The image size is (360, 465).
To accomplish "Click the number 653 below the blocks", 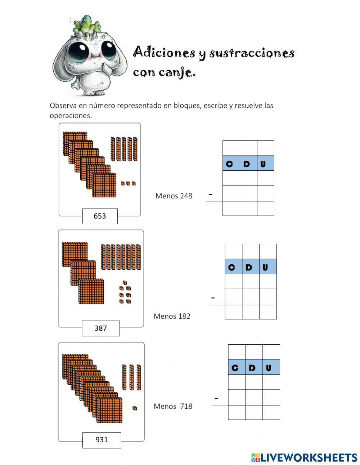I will [100, 216].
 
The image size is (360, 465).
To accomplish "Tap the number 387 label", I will [100, 328].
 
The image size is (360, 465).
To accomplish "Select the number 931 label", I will [102, 440].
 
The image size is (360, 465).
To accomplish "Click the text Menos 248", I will [174, 196].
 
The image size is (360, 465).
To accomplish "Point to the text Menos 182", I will [172, 316].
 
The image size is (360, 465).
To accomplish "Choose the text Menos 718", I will [173, 406].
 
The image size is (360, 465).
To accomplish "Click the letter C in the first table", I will [229, 164].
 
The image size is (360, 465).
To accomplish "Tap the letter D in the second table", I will [249, 268].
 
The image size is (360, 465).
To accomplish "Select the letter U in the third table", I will [269, 368].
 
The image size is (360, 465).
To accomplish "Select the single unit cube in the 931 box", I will [135, 408].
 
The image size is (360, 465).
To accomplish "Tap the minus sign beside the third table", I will [216, 398].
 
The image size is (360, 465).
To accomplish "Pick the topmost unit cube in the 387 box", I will [125, 283].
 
